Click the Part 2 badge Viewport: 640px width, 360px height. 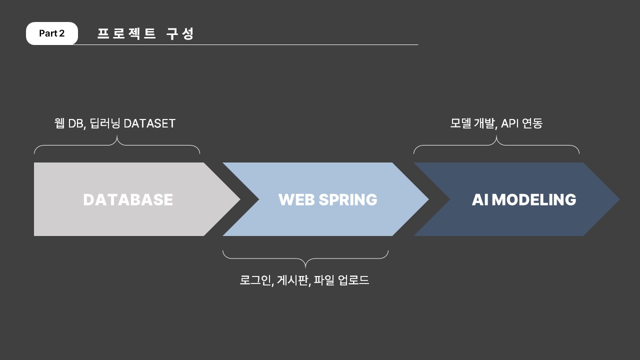[x=51, y=33]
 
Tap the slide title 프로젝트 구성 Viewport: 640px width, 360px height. [x=145, y=33]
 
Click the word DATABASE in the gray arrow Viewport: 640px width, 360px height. [x=128, y=199]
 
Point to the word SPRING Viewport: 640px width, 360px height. [x=348, y=199]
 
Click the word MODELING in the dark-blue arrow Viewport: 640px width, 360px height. [x=534, y=199]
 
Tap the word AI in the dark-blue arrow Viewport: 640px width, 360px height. [x=480, y=199]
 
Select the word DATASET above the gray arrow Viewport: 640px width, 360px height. [x=149, y=123]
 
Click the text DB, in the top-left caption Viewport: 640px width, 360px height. [x=77, y=123]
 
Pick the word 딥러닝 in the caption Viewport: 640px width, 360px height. [x=105, y=123]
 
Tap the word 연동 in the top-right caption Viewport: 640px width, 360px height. [x=532, y=123]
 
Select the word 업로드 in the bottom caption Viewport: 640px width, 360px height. [x=353, y=280]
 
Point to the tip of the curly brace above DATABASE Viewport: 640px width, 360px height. [x=117, y=135]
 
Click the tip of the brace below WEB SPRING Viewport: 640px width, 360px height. [x=305, y=268]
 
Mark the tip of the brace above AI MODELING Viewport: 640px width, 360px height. [x=496, y=135]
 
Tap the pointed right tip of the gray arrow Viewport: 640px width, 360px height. [x=240, y=199]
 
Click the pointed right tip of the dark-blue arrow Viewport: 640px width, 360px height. [x=619, y=199]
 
